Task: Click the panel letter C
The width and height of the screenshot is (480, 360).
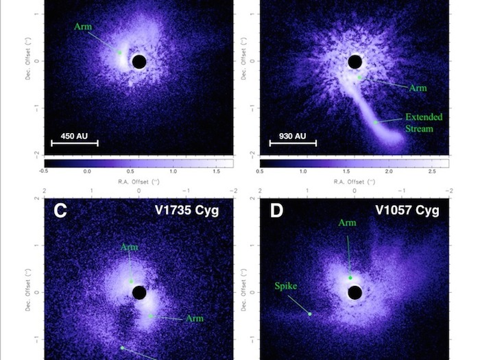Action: [x=60, y=210]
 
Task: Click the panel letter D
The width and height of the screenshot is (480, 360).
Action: [x=276, y=210]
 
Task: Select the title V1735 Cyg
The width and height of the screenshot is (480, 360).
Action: [x=187, y=210]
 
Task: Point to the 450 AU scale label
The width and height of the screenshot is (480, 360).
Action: [x=74, y=136]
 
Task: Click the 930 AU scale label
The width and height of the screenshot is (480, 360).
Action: [x=292, y=136]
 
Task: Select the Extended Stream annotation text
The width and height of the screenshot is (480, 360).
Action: [x=424, y=122]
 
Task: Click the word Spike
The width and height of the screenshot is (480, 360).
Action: [x=286, y=286]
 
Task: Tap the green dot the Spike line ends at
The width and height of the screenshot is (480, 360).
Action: [x=310, y=314]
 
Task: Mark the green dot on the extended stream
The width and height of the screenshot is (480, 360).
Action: [x=376, y=122]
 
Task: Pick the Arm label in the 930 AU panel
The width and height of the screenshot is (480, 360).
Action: [x=418, y=88]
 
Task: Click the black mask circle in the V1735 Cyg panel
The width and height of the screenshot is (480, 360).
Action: [x=139, y=293]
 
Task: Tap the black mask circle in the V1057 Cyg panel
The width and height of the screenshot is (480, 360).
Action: [x=355, y=293]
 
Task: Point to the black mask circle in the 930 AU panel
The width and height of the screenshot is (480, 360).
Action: [x=355, y=62]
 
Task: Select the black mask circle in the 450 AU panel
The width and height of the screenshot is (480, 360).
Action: [x=139, y=62]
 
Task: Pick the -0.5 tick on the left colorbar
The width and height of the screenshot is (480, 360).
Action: [x=44, y=171]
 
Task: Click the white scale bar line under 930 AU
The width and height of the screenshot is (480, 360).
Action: [x=293, y=143]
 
